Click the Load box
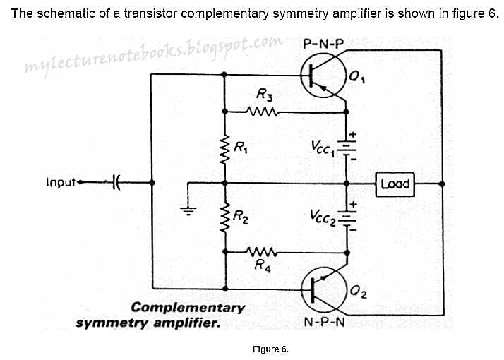395,184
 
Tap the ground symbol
188,209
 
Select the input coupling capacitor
115,184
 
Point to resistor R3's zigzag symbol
262,111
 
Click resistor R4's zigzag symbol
262,251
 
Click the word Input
61,183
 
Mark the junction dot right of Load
441,184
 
